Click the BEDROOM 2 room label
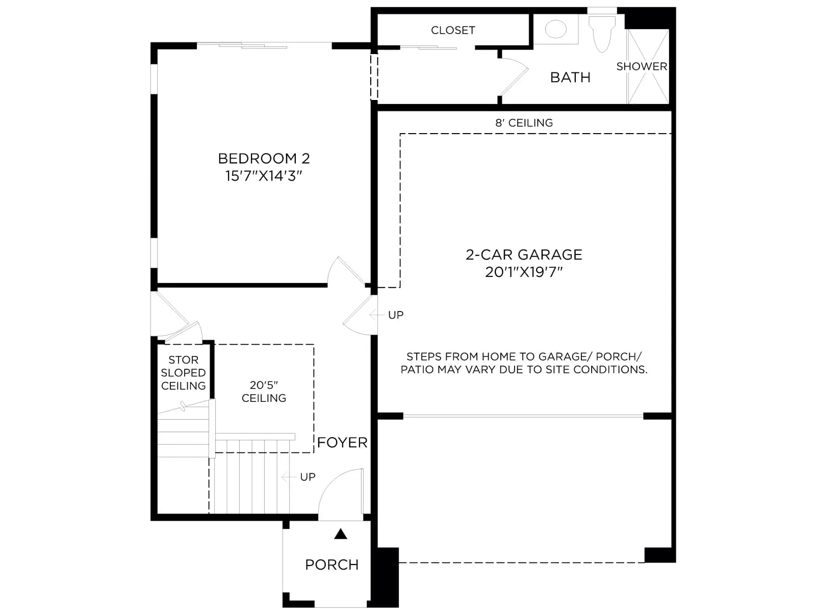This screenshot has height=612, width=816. (264, 159)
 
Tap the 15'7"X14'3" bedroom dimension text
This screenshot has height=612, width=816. (264, 176)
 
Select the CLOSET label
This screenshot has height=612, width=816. (453, 30)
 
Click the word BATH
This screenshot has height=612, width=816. (570, 78)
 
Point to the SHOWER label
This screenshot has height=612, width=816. (642, 66)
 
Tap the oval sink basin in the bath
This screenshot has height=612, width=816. (555, 29)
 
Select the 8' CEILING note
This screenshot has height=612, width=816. (524, 122)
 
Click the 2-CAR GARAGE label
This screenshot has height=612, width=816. (524, 254)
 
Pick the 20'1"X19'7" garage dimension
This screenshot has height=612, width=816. (524, 272)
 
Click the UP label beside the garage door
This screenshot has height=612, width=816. (396, 315)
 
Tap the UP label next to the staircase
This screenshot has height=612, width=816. (308, 477)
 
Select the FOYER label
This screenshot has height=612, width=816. (342, 443)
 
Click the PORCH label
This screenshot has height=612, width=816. (332, 565)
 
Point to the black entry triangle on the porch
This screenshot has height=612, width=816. (341, 534)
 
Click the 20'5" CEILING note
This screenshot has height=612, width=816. (264, 392)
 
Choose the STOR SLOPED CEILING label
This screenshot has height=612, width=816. (183, 373)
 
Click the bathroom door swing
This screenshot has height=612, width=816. (514, 76)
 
